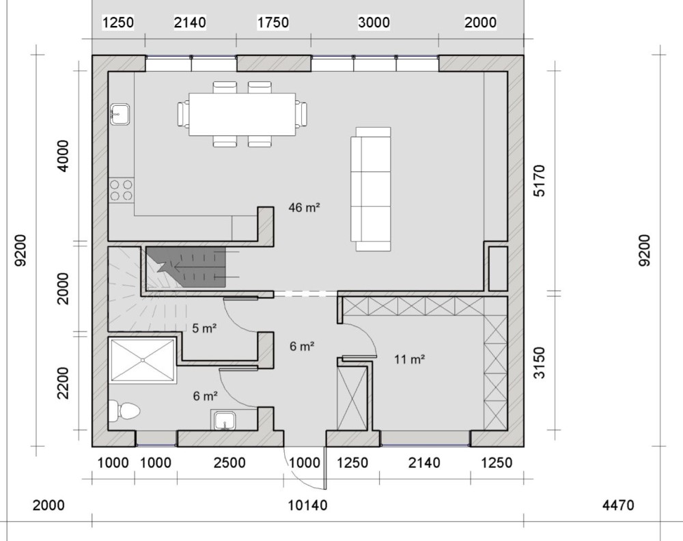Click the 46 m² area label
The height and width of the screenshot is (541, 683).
304,208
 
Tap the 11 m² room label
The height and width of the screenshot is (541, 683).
409,359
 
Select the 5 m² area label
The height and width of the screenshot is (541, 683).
204,328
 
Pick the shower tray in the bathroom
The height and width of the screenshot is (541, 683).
143,360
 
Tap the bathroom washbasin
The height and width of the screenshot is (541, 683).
225,420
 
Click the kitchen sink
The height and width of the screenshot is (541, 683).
120,115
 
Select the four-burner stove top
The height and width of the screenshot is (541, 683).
121,190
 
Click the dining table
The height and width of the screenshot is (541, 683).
242,114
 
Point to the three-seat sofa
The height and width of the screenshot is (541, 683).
371,189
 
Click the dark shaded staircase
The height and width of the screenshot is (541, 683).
186,267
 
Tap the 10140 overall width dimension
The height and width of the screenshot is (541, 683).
307,505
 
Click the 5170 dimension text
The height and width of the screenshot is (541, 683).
540,181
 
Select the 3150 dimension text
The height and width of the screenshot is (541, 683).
540,363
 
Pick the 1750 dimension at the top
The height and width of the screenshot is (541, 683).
273,23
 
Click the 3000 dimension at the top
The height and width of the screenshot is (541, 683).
374,23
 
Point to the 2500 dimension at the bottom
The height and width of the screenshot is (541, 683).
229,462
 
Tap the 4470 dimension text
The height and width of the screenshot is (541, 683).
618,505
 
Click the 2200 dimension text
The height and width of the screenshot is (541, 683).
63,383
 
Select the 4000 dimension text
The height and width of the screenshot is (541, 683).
63,156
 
